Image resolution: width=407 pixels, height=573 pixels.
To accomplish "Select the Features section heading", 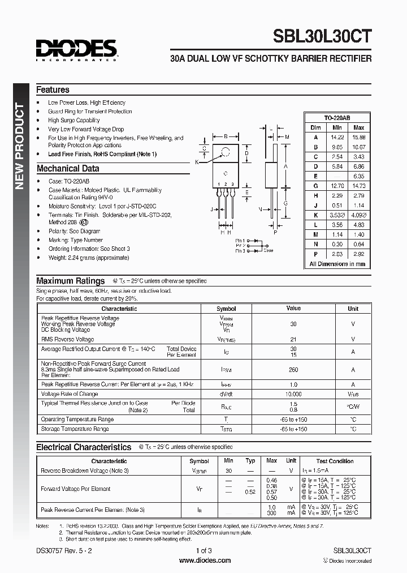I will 53,89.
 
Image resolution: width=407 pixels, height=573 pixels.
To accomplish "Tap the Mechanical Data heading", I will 67,168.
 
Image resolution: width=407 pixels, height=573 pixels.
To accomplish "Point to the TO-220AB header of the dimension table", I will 337,117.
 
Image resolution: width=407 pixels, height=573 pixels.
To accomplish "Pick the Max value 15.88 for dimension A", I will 358,137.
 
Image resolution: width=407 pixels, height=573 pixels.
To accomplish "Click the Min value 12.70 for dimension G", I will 337,186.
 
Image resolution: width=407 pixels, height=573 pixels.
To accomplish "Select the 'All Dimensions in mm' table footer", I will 337,264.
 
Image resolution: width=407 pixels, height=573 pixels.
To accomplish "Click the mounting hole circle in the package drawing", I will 226,152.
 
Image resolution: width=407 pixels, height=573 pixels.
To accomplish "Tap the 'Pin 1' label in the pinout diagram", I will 240,241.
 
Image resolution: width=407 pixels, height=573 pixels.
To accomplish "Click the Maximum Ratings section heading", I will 70,281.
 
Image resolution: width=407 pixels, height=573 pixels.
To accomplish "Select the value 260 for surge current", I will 293,370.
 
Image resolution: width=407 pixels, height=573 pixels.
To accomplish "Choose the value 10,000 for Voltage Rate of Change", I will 293,394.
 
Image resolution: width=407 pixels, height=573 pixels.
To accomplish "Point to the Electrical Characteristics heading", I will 84,447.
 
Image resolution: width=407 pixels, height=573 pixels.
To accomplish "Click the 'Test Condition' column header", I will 335,461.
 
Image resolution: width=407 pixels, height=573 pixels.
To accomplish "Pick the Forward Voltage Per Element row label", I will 76,489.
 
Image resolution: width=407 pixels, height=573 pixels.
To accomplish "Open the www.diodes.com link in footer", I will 204,561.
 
